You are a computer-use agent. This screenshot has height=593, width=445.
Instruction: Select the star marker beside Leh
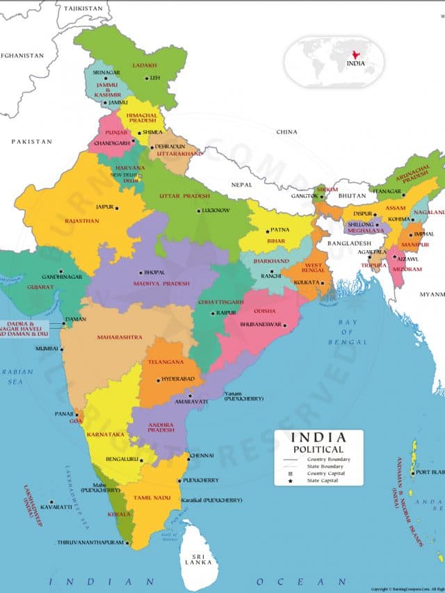[146, 78]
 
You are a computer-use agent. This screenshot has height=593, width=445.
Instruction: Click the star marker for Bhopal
[140, 273]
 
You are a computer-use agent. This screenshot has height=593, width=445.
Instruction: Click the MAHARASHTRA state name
[120, 337]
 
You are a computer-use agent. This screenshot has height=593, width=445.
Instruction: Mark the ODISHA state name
[264, 311]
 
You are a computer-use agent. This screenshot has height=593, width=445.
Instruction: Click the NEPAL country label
[242, 184]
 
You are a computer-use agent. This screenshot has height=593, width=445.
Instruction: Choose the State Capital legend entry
[329, 481]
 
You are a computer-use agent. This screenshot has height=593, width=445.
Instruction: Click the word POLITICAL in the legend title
[318, 450]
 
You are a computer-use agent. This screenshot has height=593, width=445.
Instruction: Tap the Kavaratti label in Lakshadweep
[56, 507]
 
